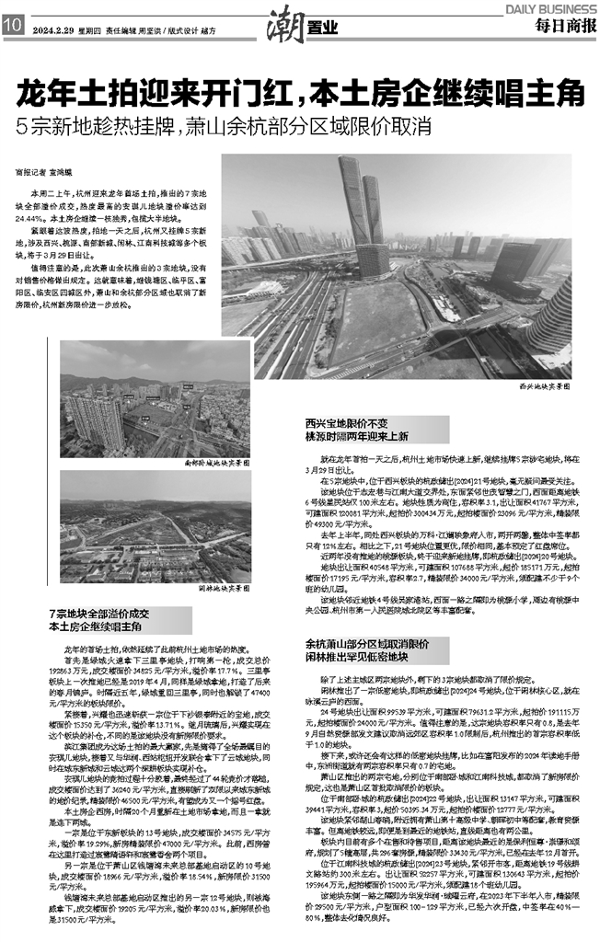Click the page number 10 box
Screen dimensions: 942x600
coord(13,25)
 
